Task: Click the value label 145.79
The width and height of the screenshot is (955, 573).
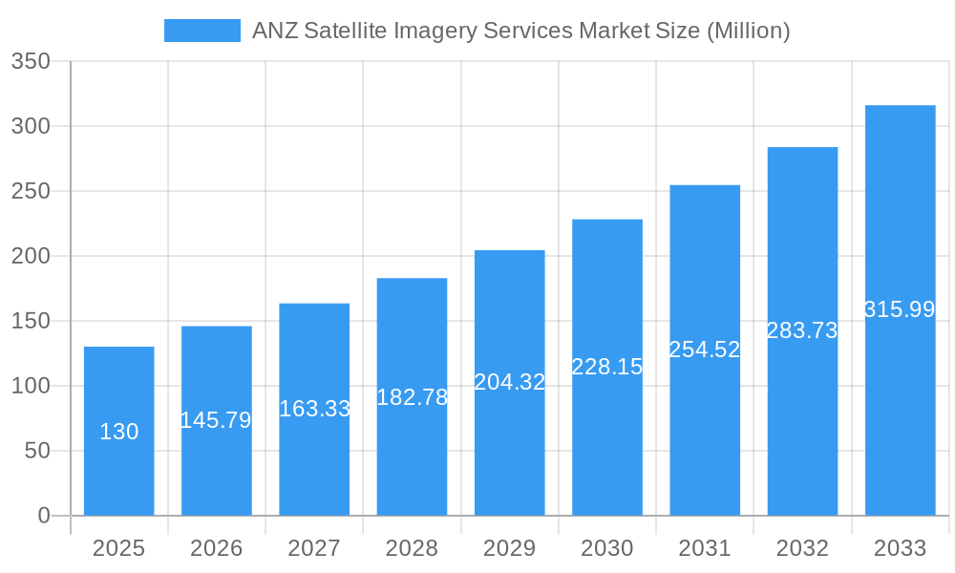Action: pyautogui.click(x=217, y=420)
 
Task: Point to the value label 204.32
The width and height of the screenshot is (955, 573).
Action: pyautogui.click(x=510, y=382)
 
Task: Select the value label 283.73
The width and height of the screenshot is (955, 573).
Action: pyautogui.click(x=802, y=330)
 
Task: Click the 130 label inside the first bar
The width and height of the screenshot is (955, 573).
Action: pyautogui.click(x=119, y=432)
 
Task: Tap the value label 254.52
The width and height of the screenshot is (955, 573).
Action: pyautogui.click(x=705, y=350)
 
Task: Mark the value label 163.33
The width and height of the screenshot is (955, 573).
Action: pyautogui.click(x=314, y=409)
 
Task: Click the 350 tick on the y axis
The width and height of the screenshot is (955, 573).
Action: pyautogui.click(x=31, y=61)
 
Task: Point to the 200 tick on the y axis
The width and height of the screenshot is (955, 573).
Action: pyautogui.click(x=31, y=256)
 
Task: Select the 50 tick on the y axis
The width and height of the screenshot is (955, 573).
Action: pyautogui.click(x=37, y=451)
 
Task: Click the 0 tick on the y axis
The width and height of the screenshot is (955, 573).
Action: pyautogui.click(x=44, y=516)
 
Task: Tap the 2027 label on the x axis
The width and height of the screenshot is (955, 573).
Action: pyautogui.click(x=314, y=548)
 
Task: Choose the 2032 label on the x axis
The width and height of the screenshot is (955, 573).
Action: pyautogui.click(x=802, y=548)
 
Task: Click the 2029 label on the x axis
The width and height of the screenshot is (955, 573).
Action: pyautogui.click(x=510, y=548)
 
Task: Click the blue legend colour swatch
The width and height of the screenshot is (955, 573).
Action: pyautogui.click(x=202, y=31)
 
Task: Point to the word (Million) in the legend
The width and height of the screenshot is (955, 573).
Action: pyautogui.click(x=748, y=31)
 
